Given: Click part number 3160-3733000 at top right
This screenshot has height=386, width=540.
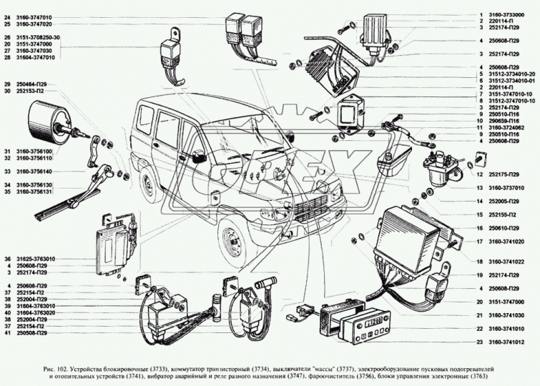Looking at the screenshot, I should point(509,14).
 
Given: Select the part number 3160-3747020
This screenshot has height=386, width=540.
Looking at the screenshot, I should point(34,24).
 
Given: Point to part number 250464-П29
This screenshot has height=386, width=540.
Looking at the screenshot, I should point(32,85).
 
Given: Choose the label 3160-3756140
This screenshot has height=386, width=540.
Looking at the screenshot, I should point(34,172).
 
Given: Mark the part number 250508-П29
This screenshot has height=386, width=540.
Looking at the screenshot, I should point(32,333).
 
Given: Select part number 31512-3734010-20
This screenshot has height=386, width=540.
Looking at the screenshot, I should point(512,74).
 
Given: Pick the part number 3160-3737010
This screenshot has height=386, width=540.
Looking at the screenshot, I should point(509,187).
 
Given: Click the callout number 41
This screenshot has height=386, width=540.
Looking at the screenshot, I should point(7,333).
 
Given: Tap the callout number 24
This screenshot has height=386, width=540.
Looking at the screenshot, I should point(7,16).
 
